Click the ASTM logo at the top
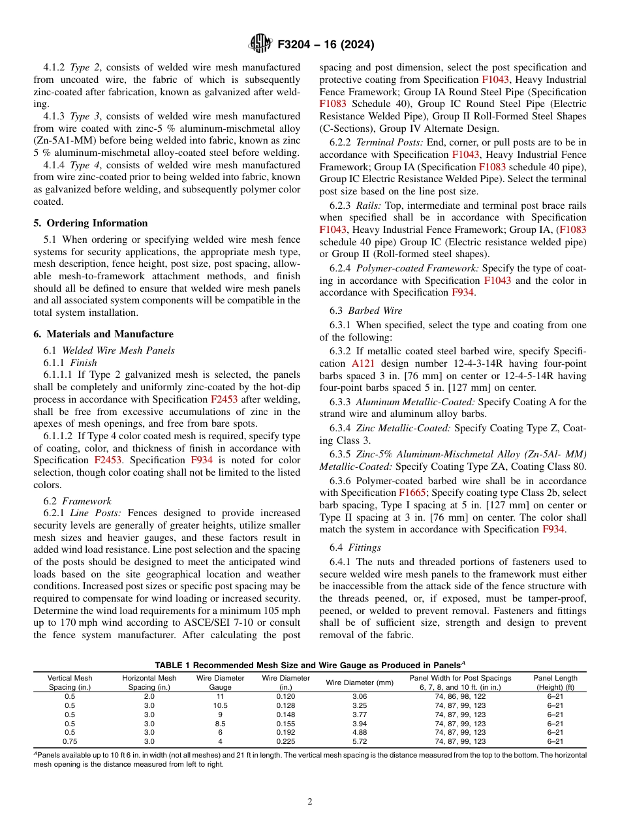point(259,44)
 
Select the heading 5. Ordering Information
point(91,223)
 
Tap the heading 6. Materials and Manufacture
point(103,334)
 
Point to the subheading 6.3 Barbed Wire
point(365,311)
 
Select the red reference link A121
point(362,363)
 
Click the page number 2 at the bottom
point(310,802)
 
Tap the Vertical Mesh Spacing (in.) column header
point(70,683)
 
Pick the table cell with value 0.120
point(285,696)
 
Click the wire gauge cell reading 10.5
point(220,705)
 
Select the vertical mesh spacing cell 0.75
point(70,742)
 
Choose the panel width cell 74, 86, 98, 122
point(460,696)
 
